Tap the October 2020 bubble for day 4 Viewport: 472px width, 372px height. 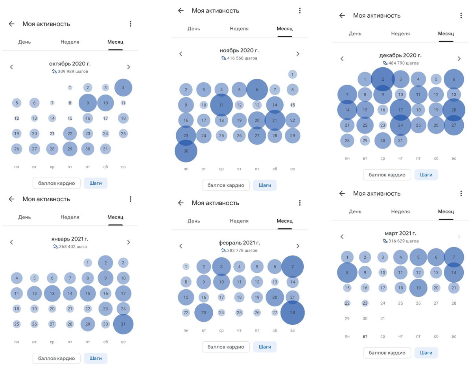click(x=123, y=87)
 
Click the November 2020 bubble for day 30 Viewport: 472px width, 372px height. click(x=186, y=151)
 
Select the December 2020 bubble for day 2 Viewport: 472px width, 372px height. click(x=383, y=79)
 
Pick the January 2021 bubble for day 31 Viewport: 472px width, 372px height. click(x=123, y=324)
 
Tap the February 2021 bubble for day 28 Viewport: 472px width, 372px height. click(x=292, y=313)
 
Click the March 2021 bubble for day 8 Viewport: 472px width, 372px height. click(x=347, y=272)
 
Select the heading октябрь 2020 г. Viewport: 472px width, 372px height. click(x=70, y=63)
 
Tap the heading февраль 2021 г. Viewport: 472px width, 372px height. click(x=239, y=243)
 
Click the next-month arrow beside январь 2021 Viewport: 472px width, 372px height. click(x=129, y=242)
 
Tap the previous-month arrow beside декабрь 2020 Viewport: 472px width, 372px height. click(x=342, y=59)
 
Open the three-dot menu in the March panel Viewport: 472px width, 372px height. click(x=461, y=193)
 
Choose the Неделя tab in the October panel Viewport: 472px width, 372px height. click(x=70, y=42)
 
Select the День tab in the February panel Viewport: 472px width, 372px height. click(x=194, y=221)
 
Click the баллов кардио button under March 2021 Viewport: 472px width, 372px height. click(x=387, y=353)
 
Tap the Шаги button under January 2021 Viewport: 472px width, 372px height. click(x=96, y=358)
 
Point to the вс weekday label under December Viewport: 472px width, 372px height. click(x=454, y=158)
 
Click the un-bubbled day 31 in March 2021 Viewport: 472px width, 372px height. click(x=383, y=318)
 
